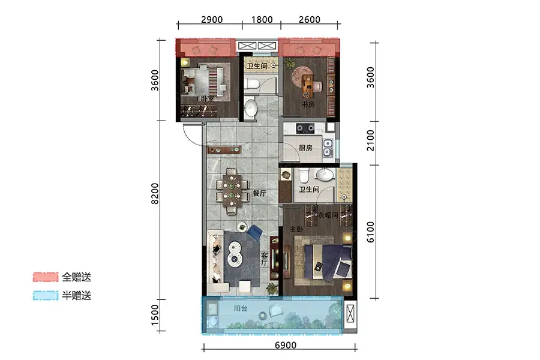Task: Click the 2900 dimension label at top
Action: click(x=211, y=20)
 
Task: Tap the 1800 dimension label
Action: click(x=262, y=20)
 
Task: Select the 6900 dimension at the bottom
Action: click(x=286, y=345)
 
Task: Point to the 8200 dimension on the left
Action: click(x=155, y=194)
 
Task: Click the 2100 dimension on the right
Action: click(x=370, y=140)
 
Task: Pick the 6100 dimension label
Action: click(x=370, y=232)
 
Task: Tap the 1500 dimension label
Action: click(x=155, y=314)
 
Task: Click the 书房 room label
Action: click(x=308, y=104)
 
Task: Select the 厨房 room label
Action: click(x=305, y=148)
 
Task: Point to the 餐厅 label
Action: click(x=259, y=193)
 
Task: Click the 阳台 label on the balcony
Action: click(x=241, y=308)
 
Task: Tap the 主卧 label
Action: click(x=296, y=229)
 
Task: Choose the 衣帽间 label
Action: click(x=328, y=215)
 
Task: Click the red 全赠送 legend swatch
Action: click(x=46, y=277)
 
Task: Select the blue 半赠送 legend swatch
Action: click(x=46, y=296)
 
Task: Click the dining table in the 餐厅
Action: click(x=232, y=191)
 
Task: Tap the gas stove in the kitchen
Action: click(x=305, y=128)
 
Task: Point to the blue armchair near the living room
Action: click(x=254, y=232)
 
